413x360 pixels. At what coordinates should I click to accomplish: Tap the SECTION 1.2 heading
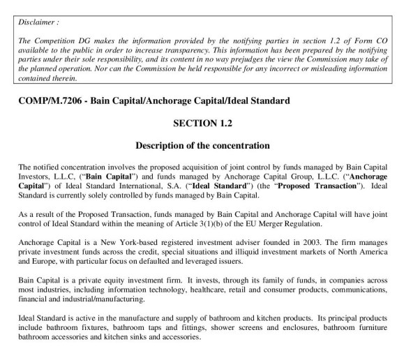point(206,123)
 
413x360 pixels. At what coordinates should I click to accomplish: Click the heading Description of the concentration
point(206,146)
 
